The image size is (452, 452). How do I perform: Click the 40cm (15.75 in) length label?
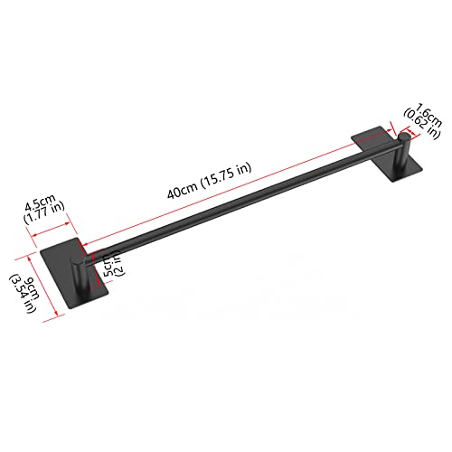[209, 181]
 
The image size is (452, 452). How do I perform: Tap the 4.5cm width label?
[40, 202]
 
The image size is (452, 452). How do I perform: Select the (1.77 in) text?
[44, 212]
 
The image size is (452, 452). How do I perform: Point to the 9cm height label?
[33, 289]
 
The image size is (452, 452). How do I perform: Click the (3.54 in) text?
[23, 294]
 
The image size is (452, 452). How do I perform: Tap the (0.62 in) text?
[421, 123]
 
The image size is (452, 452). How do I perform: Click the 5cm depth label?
[109, 265]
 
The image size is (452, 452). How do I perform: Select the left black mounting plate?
[74, 273]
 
